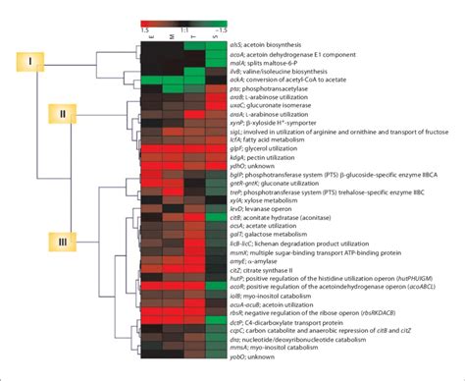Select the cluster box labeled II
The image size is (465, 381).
point(64,114)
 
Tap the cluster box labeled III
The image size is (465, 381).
point(64,241)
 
